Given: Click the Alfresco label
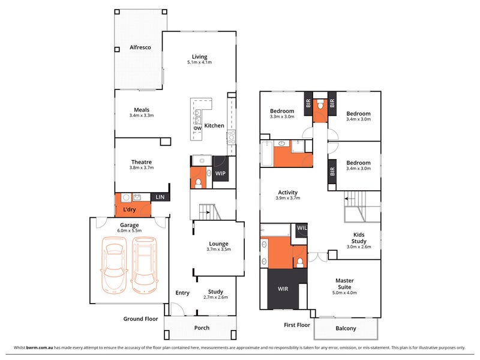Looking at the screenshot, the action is coord(140,47).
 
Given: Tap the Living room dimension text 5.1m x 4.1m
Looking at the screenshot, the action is coord(200,62).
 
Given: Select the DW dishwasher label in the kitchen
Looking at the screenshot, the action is coord(198,128).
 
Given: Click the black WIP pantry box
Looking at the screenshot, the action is coord(220,169).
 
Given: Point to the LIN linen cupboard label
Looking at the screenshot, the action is coord(160,197).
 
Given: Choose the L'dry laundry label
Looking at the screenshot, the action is coord(129,209).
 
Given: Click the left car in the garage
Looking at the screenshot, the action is coord(114,265).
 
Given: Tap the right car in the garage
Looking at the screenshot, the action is coord(145,265).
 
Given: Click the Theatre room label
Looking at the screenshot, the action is coord(142,162).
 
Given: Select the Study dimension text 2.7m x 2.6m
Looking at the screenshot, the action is coord(215,297).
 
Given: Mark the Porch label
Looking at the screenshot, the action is coord(202,328).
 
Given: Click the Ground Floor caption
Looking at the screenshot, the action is coord(140,319).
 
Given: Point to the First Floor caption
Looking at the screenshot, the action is coord(297,325).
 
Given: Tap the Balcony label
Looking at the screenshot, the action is coord(346,328).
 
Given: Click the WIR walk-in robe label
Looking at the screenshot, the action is coord(283,289).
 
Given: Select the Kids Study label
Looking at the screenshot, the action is coord(359,238).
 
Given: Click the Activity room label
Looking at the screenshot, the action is coord(288,193).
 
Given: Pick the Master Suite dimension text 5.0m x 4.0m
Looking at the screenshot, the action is coord(344,293).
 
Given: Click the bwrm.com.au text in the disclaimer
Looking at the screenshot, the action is coord(40,348).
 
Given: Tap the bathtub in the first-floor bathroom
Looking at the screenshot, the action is coord(267,154).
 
